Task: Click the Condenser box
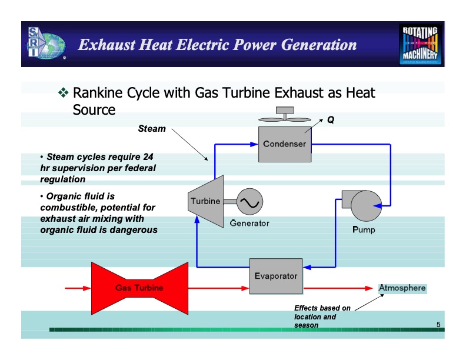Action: [x=284, y=144]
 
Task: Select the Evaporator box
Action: [x=275, y=275]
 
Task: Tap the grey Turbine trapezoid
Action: [x=204, y=201]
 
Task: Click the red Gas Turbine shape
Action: [x=139, y=288]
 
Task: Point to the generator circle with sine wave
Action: [x=250, y=202]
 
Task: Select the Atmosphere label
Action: [x=402, y=288]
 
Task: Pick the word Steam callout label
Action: [x=152, y=128]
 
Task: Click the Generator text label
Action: [x=249, y=224]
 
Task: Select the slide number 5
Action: [x=438, y=325]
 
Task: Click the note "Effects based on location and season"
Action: [x=322, y=316]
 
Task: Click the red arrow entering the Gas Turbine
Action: [x=78, y=288]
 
